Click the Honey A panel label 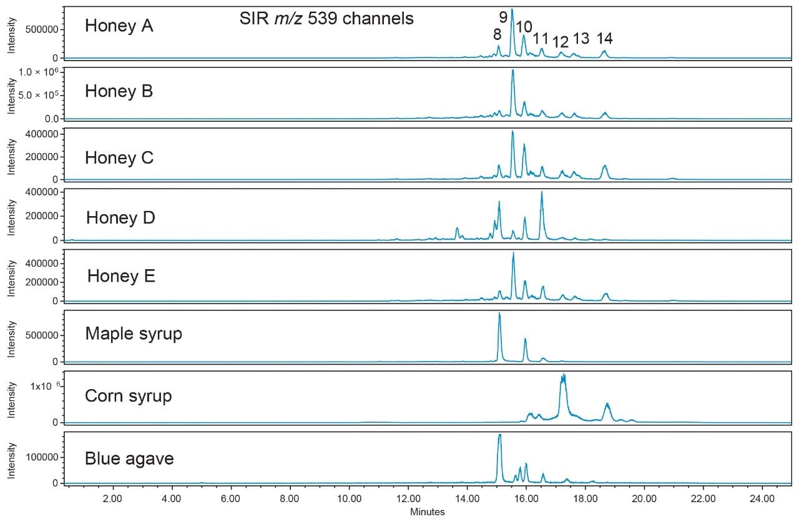(x=119, y=26)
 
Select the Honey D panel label (x=120, y=218)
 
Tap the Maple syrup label (x=134, y=334)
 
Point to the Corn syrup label (x=128, y=396)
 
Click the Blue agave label (x=129, y=459)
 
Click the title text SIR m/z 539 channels (x=326, y=19)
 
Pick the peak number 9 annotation (x=503, y=17)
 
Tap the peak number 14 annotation (x=604, y=39)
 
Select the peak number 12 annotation (x=561, y=42)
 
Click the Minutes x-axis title (x=428, y=512)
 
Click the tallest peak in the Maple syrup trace (x=499, y=314)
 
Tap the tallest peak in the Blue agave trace (x=499, y=435)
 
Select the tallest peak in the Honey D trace (x=541, y=192)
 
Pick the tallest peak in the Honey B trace (x=512, y=70)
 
